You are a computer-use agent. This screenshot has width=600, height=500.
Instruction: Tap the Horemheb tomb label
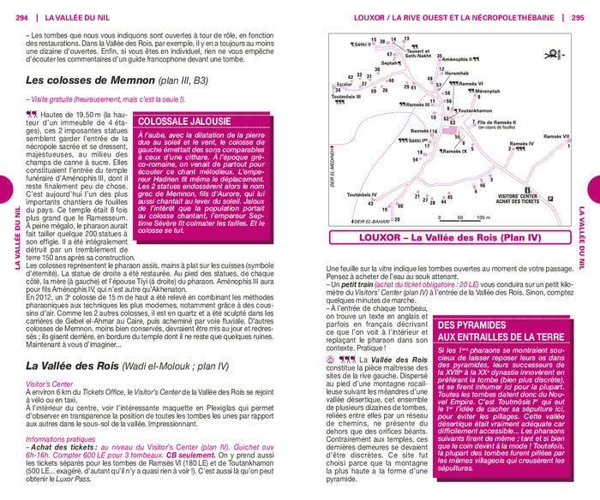(462, 74)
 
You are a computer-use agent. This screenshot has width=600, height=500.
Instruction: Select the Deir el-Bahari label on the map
(360, 222)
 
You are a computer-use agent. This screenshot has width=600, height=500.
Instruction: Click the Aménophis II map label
(459, 59)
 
